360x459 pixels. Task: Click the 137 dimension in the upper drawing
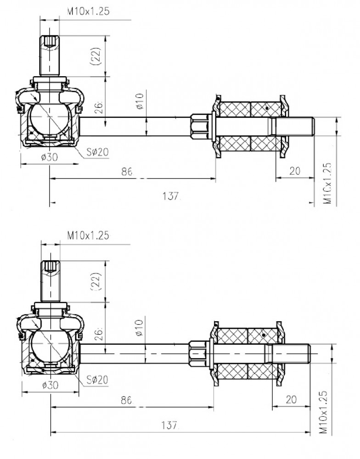click(x=170, y=196)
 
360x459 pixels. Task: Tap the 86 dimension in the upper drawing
click(x=127, y=172)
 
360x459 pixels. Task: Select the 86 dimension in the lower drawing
click(x=126, y=400)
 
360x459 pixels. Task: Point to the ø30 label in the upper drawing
click(x=50, y=157)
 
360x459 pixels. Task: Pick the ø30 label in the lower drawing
click(x=50, y=385)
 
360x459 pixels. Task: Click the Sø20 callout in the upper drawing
click(x=97, y=152)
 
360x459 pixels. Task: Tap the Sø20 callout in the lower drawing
click(x=97, y=380)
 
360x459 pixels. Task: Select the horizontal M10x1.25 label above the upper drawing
click(x=88, y=11)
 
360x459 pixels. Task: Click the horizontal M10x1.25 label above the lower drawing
click(x=88, y=235)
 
